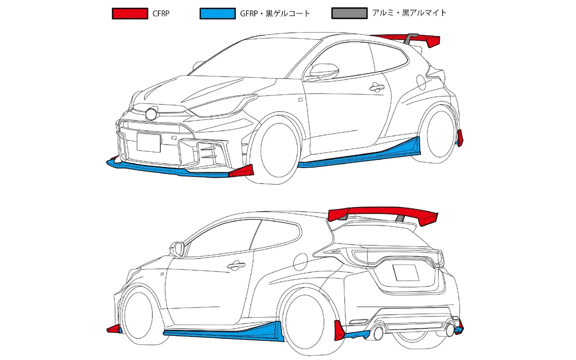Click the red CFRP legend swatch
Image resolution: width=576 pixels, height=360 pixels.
coord(130,14)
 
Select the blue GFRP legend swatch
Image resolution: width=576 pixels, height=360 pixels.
coord(217,14)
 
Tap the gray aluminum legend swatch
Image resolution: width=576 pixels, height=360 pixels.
coord(349,14)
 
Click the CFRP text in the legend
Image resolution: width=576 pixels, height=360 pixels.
coord(161,14)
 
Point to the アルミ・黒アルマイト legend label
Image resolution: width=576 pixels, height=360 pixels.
coord(409,13)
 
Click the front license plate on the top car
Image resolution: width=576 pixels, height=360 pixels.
coord(149,142)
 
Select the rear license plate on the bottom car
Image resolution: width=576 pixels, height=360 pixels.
coord(406,273)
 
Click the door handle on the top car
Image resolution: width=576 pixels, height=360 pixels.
coord(376,87)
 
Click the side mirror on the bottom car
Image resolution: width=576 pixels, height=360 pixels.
coord(177,249)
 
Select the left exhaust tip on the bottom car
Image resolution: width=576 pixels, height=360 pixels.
coord(378,332)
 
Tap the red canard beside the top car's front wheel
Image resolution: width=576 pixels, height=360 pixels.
coord(241,171)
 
